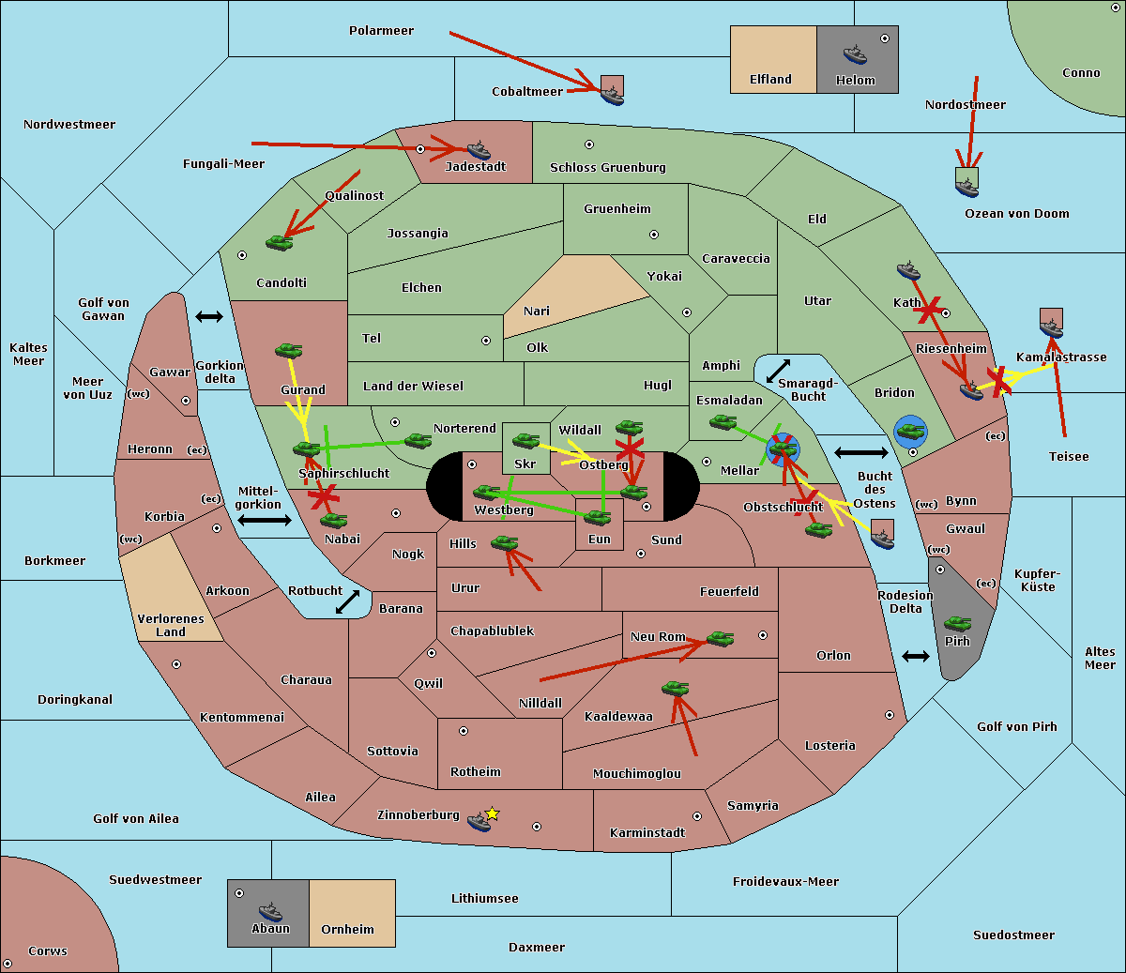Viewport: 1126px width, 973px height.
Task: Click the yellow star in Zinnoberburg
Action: click(x=492, y=813)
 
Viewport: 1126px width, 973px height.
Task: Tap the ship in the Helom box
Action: click(x=855, y=54)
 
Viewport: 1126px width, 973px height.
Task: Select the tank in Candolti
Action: click(x=279, y=242)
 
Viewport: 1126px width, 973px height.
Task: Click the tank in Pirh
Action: click(x=957, y=624)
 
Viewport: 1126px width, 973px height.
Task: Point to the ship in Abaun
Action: click(x=270, y=911)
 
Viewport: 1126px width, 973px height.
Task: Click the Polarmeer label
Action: click(x=381, y=31)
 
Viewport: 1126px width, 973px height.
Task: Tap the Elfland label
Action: click(x=770, y=80)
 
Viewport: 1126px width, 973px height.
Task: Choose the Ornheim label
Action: click(x=347, y=929)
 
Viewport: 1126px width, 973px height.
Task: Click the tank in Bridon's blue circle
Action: click(x=911, y=432)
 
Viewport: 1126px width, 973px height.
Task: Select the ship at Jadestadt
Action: click(x=479, y=150)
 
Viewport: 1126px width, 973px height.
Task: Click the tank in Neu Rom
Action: click(x=720, y=639)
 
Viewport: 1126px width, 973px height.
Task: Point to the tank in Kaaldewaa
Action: click(x=675, y=688)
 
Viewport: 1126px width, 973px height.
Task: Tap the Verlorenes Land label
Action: click(x=171, y=626)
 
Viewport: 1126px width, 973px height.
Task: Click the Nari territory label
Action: click(x=537, y=312)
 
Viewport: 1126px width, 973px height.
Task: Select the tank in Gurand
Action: click(x=288, y=350)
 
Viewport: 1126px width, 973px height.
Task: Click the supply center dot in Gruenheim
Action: click(x=654, y=235)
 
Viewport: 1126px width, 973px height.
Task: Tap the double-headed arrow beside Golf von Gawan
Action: click(x=209, y=316)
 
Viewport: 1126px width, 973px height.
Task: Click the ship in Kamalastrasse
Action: click(x=1051, y=327)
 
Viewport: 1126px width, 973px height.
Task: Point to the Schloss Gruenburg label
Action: click(x=608, y=168)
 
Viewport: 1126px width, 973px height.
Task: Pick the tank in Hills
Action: click(x=505, y=542)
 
